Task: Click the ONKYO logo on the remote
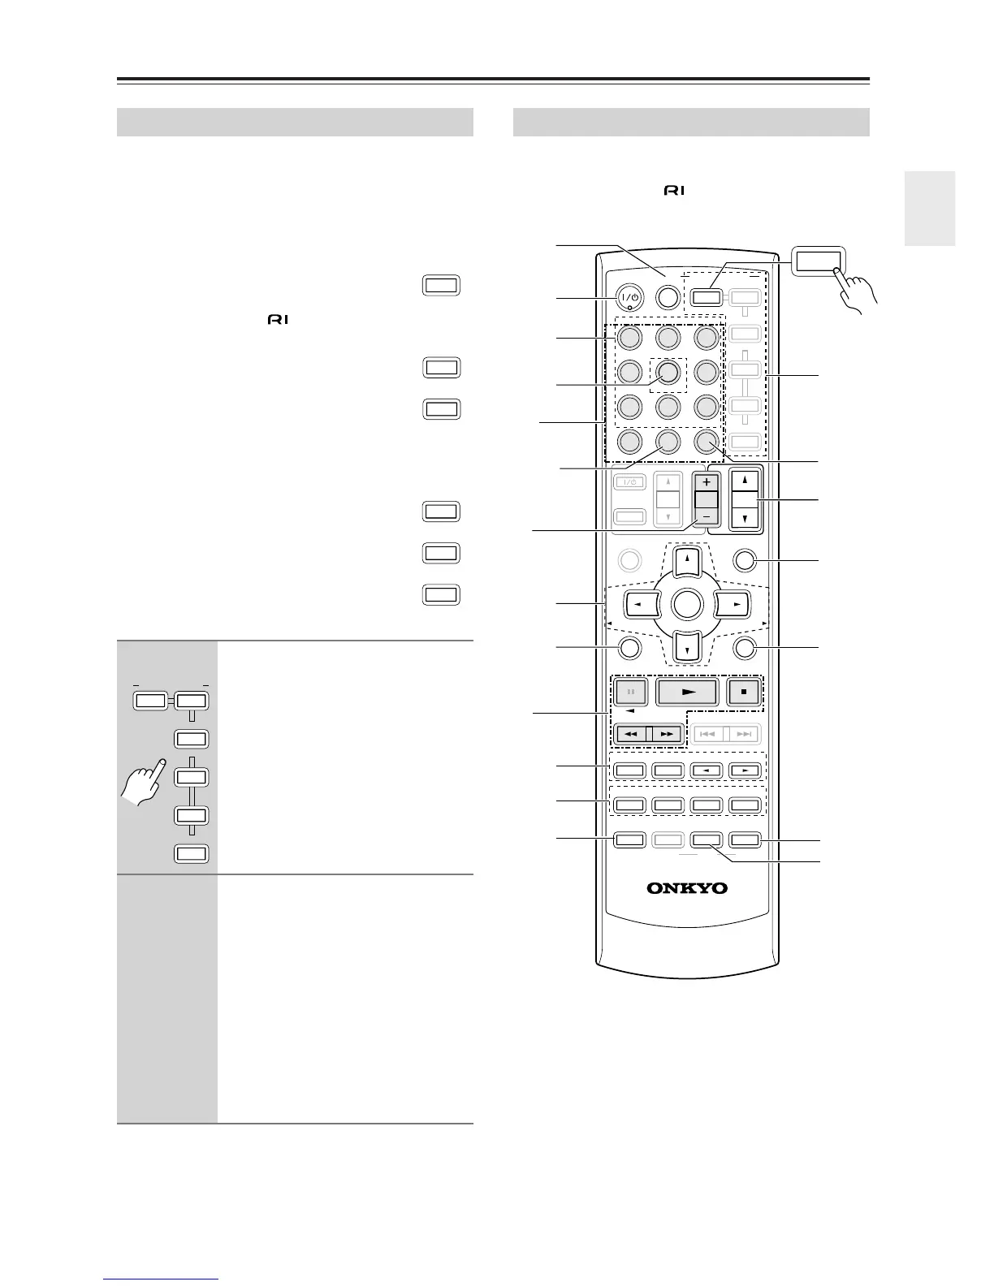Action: click(x=687, y=887)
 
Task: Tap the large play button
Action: click(x=687, y=692)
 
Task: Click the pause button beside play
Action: click(x=631, y=692)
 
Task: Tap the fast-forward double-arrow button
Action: click(x=667, y=734)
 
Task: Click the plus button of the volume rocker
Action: click(x=707, y=481)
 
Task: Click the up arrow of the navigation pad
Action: click(x=687, y=559)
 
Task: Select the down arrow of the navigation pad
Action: click(x=687, y=648)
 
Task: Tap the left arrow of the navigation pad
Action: click(x=640, y=604)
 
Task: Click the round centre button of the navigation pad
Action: click(x=687, y=604)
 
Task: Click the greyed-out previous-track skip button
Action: click(x=708, y=734)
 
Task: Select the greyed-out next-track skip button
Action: click(x=744, y=734)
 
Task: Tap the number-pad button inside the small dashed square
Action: click(x=668, y=372)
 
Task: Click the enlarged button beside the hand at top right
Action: click(x=819, y=261)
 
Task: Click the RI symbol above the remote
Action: click(x=675, y=191)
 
